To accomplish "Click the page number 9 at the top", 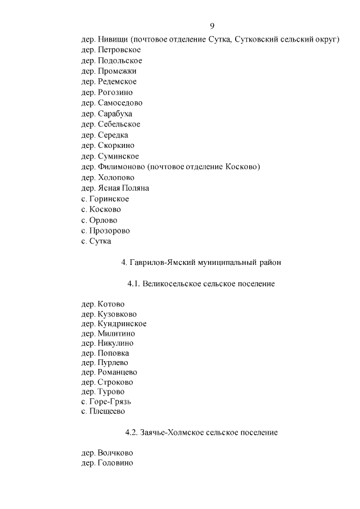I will coord(212,26).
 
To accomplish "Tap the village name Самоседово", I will coord(120,103).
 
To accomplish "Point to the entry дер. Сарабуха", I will coord(107,114).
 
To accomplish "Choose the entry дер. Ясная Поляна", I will coord(115,188).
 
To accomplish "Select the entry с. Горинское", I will coord(105,199).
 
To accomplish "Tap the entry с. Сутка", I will coord(96,241).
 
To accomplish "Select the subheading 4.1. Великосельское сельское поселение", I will coord(201,283).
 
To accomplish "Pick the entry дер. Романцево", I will coord(109,372).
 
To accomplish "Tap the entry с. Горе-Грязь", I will coord(106,401).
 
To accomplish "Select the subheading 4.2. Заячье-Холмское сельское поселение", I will coord(201,433).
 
